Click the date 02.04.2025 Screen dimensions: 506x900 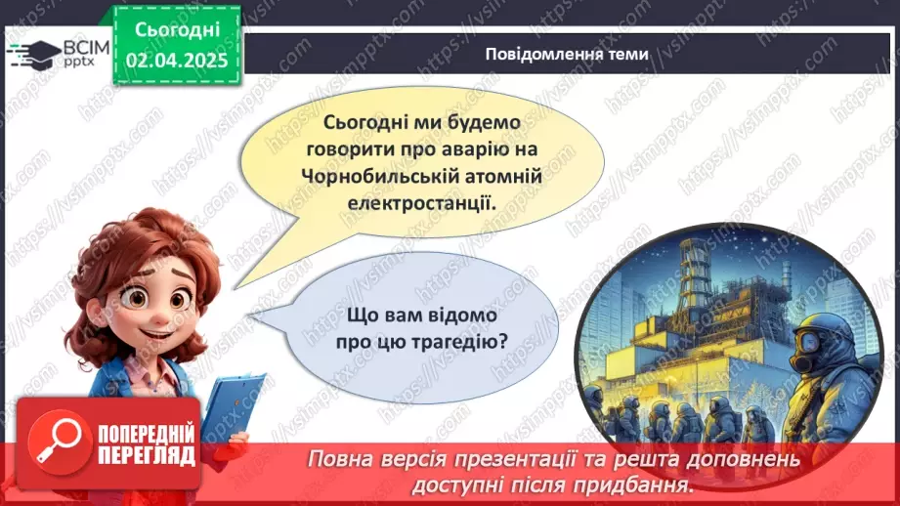click(x=176, y=61)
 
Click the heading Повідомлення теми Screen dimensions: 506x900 click(x=566, y=54)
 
